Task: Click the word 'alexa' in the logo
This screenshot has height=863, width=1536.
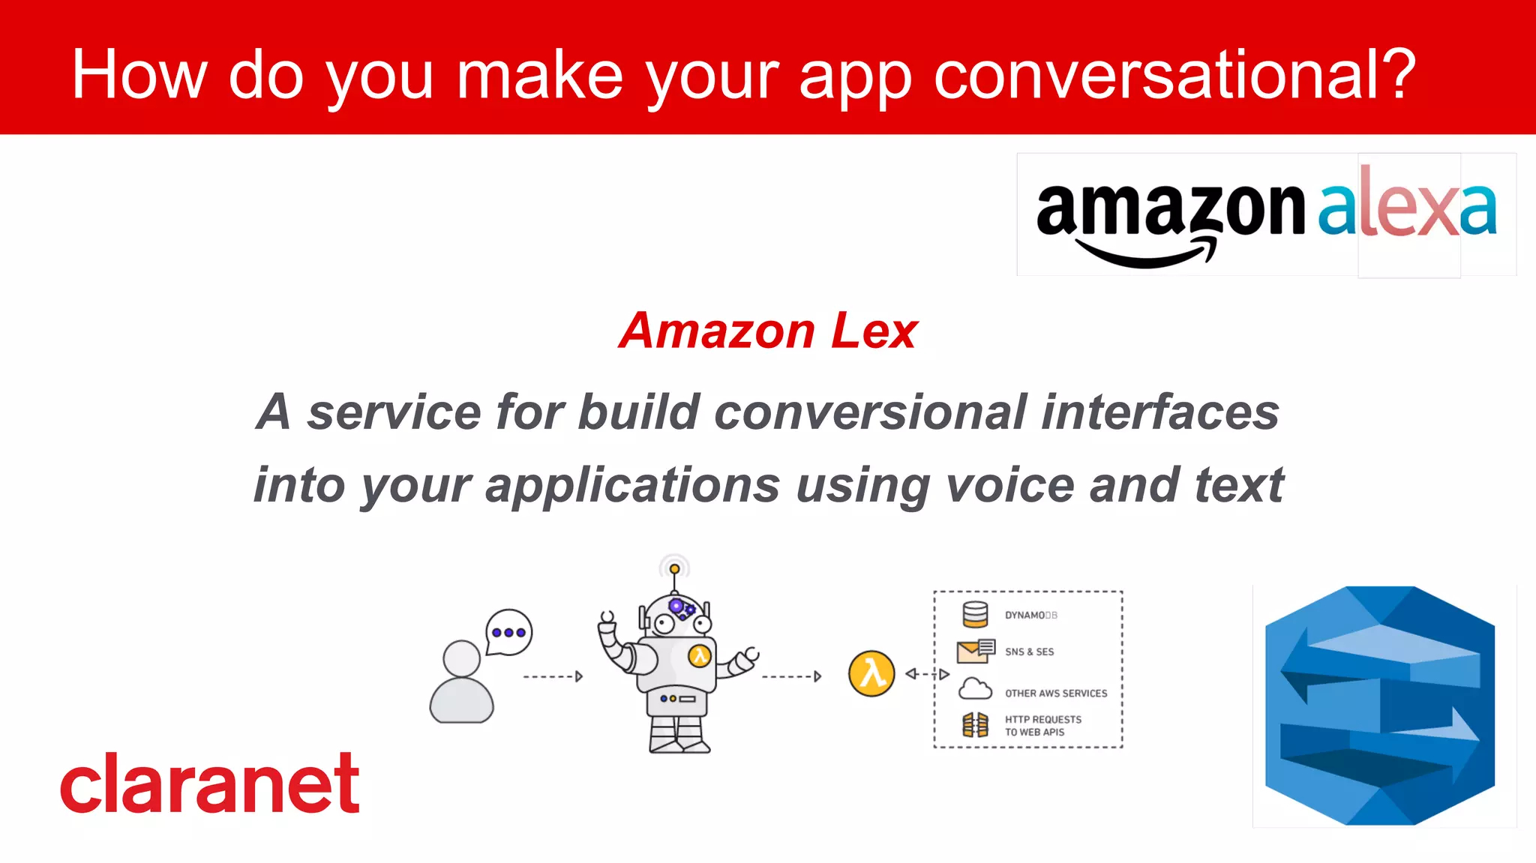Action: (1407, 207)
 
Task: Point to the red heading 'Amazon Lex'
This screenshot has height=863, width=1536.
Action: (768, 331)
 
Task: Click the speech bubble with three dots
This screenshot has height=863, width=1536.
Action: (509, 632)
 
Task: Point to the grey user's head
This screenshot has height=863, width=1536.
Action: (461, 658)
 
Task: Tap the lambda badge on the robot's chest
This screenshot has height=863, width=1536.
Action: (700, 656)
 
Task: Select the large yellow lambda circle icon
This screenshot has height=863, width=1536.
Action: (871, 673)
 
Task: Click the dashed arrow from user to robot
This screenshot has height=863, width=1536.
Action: (553, 676)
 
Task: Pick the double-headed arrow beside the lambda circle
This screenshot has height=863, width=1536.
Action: (927, 674)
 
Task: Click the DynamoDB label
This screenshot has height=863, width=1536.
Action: (1030, 615)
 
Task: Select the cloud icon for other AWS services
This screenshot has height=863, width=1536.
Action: (975, 688)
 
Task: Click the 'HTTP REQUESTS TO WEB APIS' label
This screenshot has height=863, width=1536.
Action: (1042, 725)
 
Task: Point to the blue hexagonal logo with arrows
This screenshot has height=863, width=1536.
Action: (1380, 706)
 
